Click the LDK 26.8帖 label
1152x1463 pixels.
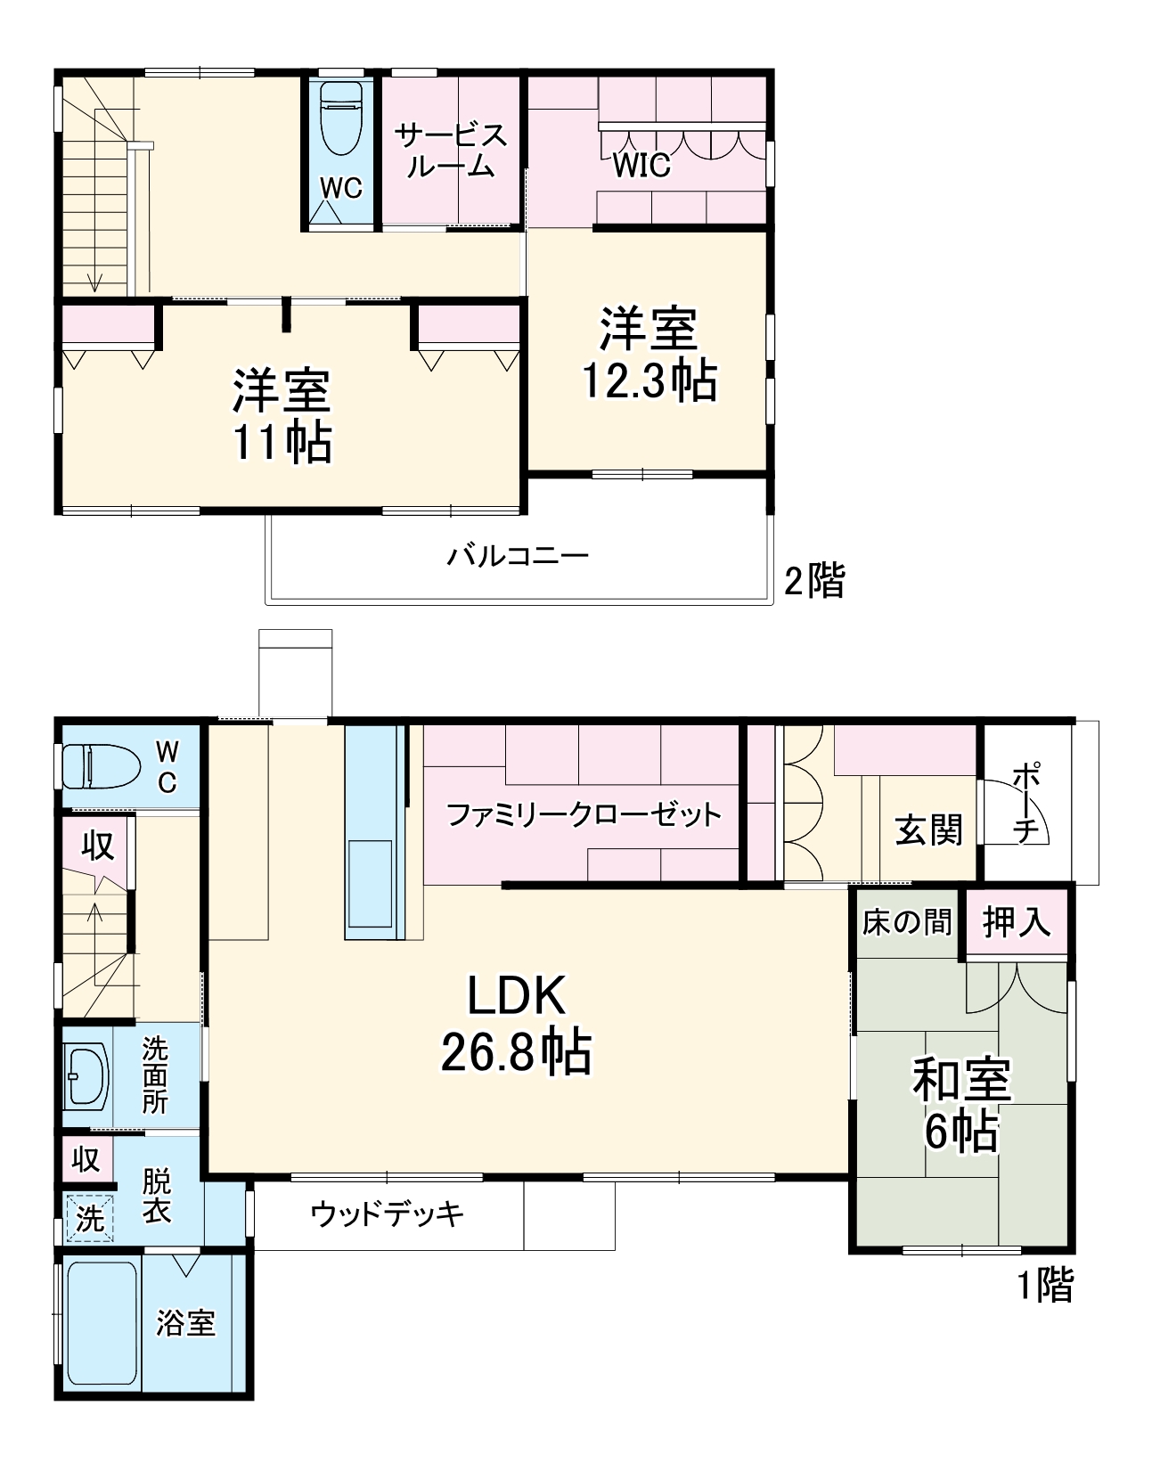point(517,1025)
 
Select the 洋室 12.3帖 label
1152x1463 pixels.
point(649,355)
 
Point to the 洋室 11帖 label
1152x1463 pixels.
point(282,416)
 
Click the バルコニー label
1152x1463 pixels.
point(518,557)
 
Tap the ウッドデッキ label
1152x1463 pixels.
point(388,1214)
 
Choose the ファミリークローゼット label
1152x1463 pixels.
point(583,814)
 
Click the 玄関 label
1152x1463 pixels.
point(929,830)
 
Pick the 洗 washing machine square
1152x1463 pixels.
point(90,1218)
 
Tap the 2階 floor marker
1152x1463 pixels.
point(813,582)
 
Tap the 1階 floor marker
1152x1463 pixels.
point(1046,1285)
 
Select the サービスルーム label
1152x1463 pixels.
point(451,151)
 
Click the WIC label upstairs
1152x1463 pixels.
point(641,165)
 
